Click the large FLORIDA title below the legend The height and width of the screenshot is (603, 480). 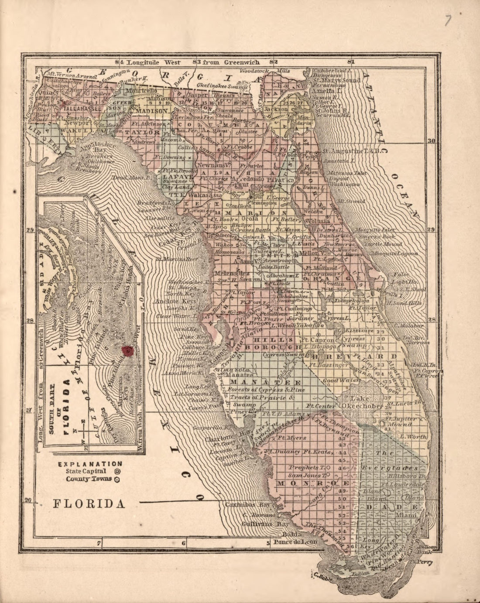[x=89, y=503]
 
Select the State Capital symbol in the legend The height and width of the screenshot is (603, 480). [x=117, y=471]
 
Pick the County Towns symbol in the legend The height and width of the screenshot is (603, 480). [x=117, y=479]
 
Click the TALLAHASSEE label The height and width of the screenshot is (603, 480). [x=82, y=108]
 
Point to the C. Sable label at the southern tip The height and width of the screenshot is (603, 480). [x=321, y=575]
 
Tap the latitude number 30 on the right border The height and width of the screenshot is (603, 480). [x=431, y=141]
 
